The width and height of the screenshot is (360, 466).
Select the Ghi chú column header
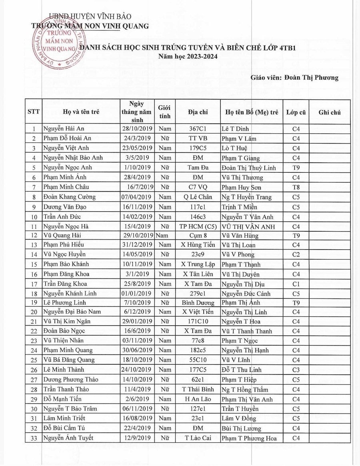(330, 112)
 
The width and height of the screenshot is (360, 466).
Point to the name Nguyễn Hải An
(64, 129)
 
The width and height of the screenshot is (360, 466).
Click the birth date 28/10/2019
(136, 129)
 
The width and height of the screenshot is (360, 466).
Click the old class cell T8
(296, 187)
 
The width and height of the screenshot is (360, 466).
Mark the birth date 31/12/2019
(136, 245)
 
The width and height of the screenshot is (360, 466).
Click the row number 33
(34, 438)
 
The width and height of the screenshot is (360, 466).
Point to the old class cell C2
(296, 254)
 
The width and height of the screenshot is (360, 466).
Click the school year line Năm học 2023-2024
(188, 57)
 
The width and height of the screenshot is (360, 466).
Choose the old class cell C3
(296, 370)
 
